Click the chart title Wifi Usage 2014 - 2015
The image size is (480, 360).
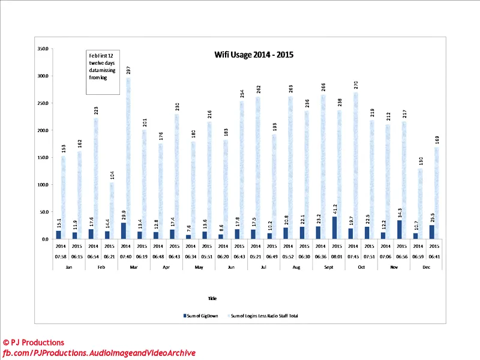[254, 54]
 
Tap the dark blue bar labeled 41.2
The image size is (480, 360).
[334, 227]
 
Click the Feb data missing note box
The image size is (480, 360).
[103, 73]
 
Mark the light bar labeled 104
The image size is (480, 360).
[112, 211]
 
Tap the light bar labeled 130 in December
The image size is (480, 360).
[420, 203]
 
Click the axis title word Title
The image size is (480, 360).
[212, 298]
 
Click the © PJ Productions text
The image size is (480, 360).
[34, 343]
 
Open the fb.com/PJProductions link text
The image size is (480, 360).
[100, 353]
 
